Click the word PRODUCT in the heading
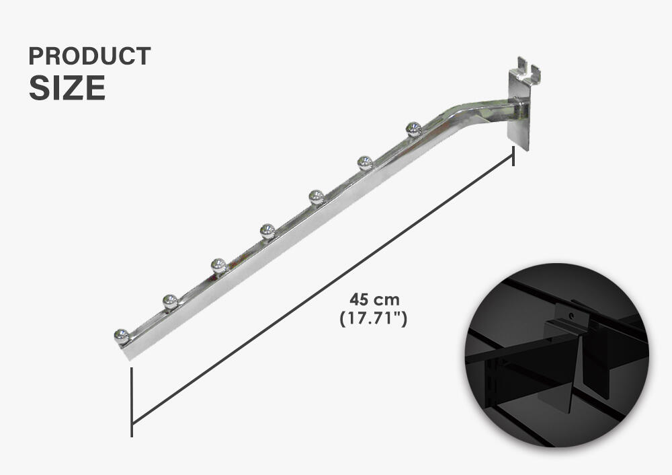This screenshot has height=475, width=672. tap(89, 57)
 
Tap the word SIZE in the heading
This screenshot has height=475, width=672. tap(67, 88)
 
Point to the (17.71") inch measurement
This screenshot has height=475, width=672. tap(373, 318)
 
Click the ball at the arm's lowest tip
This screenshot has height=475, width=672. tap(122, 336)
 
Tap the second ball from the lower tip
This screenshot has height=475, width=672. tap(170, 301)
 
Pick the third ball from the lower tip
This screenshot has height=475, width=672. tap(218, 266)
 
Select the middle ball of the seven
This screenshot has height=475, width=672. tap(267, 231)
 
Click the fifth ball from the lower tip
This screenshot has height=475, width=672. tap(316, 196)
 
